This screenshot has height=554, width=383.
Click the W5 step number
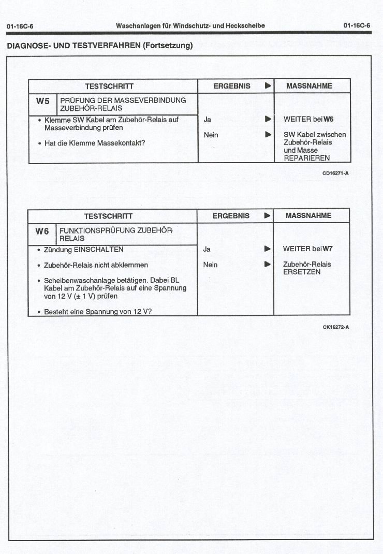click(42, 101)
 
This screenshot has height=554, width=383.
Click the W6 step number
click(42, 231)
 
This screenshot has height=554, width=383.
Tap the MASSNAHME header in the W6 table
click(308, 215)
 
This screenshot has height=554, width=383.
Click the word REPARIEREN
click(306, 158)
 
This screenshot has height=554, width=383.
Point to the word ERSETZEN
click(302, 272)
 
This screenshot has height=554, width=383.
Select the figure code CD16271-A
click(335, 173)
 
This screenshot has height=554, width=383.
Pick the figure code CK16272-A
click(335, 327)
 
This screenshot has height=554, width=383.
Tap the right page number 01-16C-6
click(357, 26)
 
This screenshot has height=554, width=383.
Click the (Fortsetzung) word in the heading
click(168, 46)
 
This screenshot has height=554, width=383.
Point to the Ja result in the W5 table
click(208, 119)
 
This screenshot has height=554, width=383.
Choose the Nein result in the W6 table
click(211, 265)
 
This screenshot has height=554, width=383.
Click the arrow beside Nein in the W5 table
click(268, 135)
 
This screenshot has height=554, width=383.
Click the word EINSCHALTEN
click(99, 250)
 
